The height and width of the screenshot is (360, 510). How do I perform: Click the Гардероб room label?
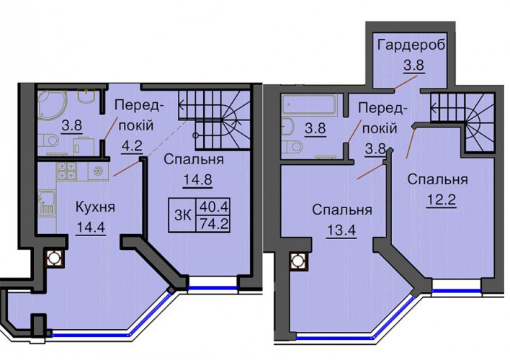point(411,45)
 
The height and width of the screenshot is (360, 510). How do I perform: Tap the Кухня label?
point(95,207)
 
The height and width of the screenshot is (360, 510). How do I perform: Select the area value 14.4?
point(91,227)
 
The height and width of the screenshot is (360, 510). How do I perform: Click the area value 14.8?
point(198,179)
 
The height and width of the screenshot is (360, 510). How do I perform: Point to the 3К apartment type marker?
point(183,215)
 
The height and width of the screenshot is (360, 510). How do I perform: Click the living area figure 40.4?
point(214,206)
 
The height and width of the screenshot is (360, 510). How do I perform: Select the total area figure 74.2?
point(214,224)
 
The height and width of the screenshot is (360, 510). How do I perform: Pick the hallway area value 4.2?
point(133,145)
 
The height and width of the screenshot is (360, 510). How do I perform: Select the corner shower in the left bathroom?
point(52,104)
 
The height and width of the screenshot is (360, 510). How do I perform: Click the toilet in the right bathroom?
point(292,147)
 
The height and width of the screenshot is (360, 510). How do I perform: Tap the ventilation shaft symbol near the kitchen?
point(54,258)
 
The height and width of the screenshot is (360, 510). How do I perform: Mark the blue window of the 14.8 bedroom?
point(213,288)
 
